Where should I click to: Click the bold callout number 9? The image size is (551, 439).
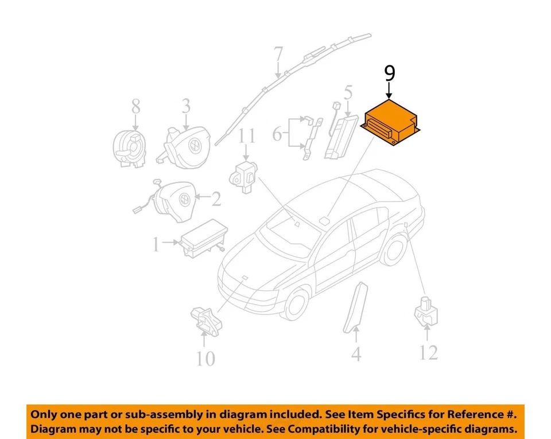[389, 73]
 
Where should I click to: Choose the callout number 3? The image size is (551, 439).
[186, 106]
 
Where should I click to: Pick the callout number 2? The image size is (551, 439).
[215, 199]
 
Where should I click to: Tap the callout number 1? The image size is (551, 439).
[155, 245]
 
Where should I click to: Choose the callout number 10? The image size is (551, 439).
[205, 359]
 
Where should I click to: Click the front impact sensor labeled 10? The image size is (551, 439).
[205, 319]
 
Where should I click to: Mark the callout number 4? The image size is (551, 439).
[356, 353]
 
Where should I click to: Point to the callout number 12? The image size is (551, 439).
[428, 352]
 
